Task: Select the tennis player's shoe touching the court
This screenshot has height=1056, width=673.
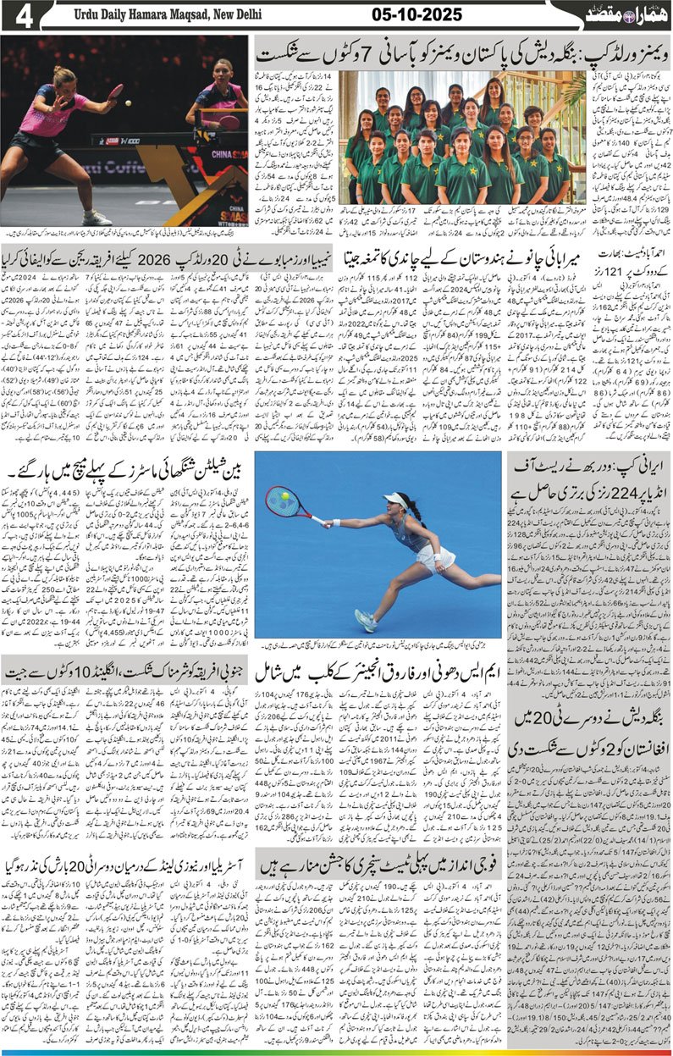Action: tap(365, 622)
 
